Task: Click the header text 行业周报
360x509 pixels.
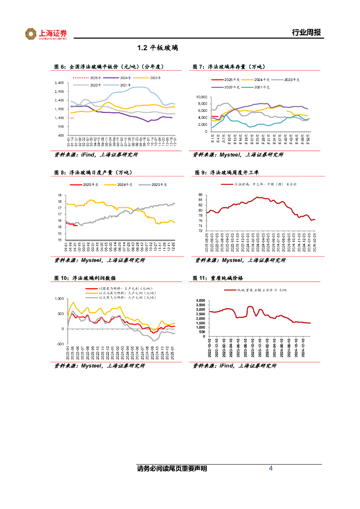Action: click(x=306, y=33)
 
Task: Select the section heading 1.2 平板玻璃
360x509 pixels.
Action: click(x=158, y=48)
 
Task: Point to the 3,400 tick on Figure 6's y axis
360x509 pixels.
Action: click(x=59, y=83)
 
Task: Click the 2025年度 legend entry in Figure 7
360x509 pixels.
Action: click(x=230, y=80)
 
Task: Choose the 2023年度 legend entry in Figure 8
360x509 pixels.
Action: click(x=156, y=184)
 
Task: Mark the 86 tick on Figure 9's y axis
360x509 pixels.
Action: click(x=200, y=195)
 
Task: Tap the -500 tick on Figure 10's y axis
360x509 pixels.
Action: click(x=60, y=344)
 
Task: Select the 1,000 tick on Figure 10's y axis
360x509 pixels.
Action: click(x=59, y=299)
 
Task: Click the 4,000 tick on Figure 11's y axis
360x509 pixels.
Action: click(x=200, y=301)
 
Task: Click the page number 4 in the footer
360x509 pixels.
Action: click(x=270, y=469)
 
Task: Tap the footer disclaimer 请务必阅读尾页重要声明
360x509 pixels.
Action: click(x=172, y=469)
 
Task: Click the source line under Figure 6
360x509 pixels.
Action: click(x=96, y=155)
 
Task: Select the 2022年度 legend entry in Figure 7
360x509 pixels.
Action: click(x=230, y=87)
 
